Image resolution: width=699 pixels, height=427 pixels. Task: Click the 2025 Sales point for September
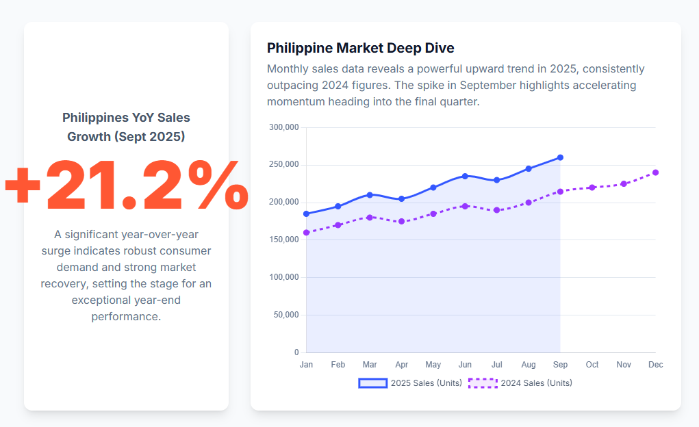pyautogui.click(x=560, y=157)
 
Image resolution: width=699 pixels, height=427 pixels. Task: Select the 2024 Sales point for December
pyautogui.click(x=655, y=172)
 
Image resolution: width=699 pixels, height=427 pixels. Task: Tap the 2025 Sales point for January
pyautogui.click(x=306, y=214)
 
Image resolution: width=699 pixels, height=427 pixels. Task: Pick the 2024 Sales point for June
pyautogui.click(x=465, y=206)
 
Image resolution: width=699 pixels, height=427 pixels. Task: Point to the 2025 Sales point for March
pyautogui.click(x=370, y=195)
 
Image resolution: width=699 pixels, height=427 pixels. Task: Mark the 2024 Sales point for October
pyautogui.click(x=592, y=187)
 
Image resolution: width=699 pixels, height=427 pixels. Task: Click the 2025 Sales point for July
pyautogui.click(x=497, y=180)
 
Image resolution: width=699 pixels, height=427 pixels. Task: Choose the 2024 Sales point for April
pyautogui.click(x=401, y=222)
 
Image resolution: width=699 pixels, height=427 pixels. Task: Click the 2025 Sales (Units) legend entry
pyautogui.click(x=410, y=383)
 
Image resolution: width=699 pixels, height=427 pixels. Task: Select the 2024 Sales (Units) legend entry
pyautogui.click(x=520, y=383)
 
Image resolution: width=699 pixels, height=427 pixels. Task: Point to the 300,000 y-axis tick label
pyautogui.click(x=284, y=127)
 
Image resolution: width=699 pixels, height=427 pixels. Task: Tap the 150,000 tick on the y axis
pyautogui.click(x=284, y=240)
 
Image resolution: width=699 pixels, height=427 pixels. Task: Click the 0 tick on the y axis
pyautogui.click(x=296, y=352)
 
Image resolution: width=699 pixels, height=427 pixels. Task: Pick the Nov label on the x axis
pyautogui.click(x=624, y=365)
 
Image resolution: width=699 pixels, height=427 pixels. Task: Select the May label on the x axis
pyautogui.click(x=433, y=365)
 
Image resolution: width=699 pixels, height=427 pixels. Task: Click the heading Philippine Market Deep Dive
pyautogui.click(x=360, y=48)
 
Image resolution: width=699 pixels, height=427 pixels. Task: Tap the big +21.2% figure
pyautogui.click(x=126, y=185)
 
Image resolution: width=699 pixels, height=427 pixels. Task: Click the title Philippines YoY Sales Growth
pyautogui.click(x=126, y=127)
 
